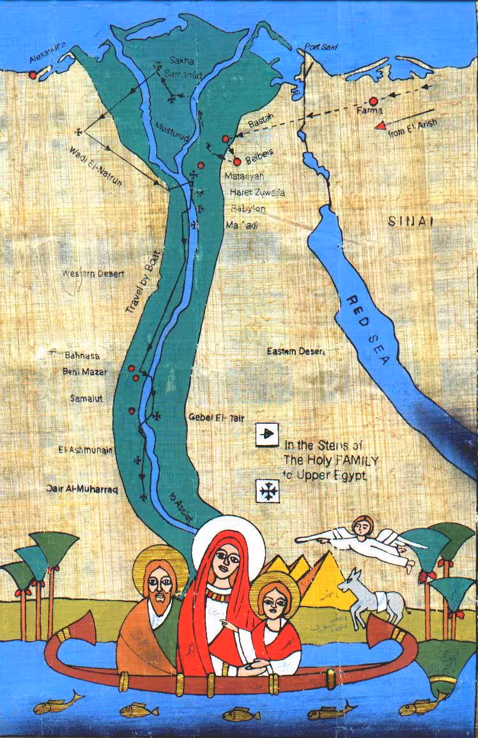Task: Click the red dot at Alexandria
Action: tap(33, 75)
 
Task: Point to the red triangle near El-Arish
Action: tap(381, 125)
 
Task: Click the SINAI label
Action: tap(411, 222)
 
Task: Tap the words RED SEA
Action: tap(368, 330)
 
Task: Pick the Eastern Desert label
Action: tap(296, 351)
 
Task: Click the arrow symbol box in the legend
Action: tap(266, 434)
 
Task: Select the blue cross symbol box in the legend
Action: tap(266, 490)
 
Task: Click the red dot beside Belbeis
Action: tap(237, 162)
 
